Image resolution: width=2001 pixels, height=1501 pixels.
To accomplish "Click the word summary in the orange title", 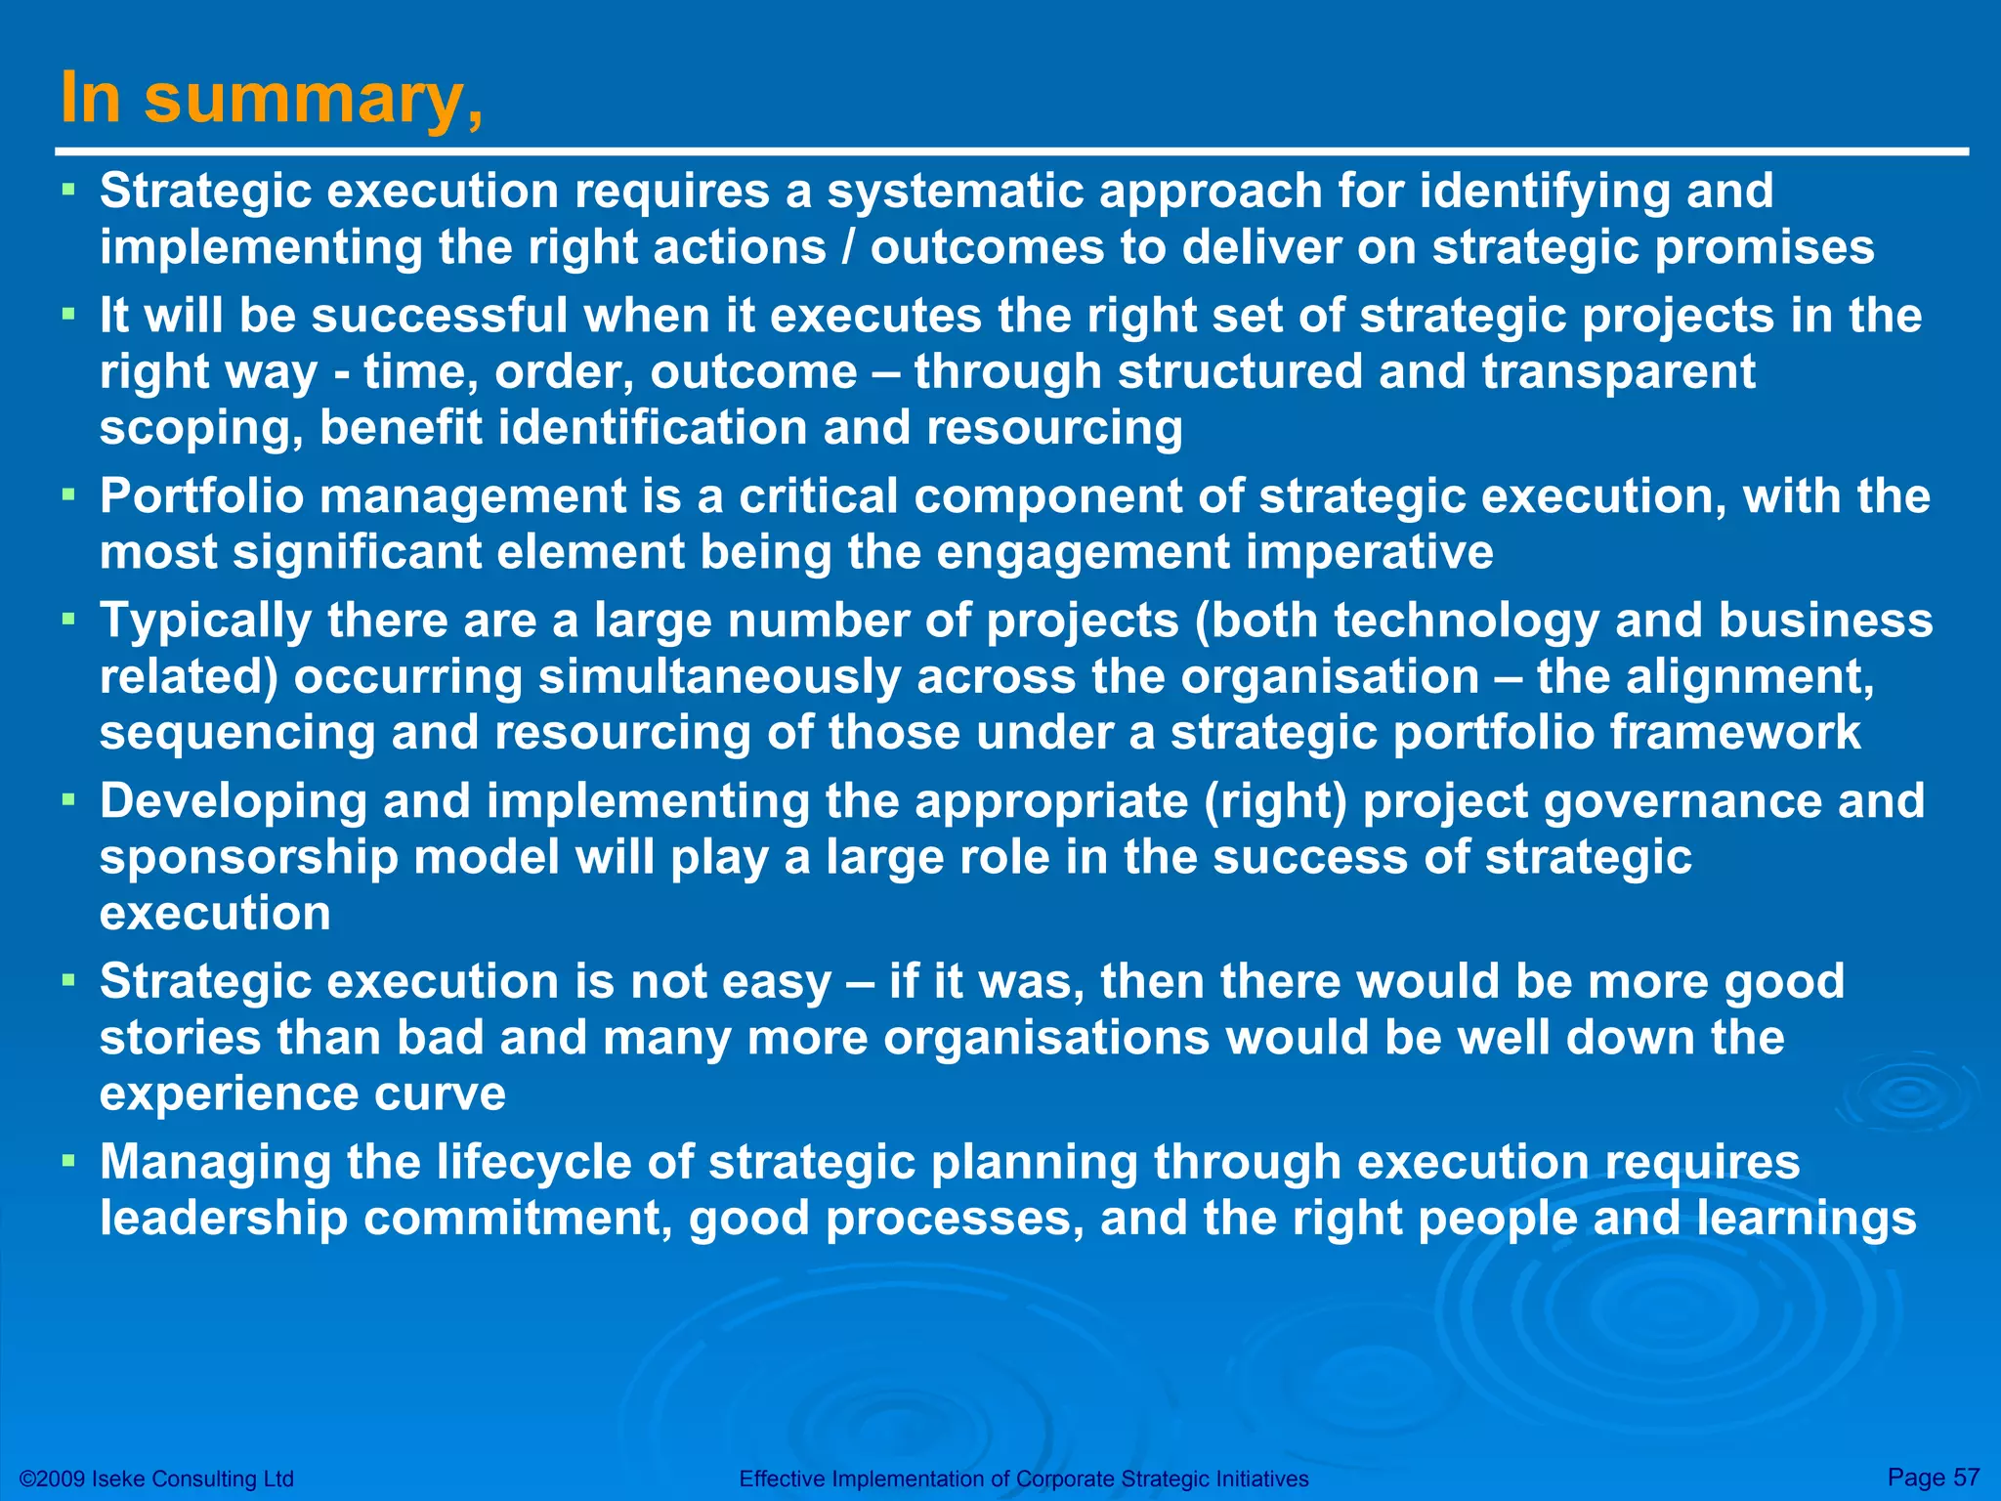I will [x=313, y=101].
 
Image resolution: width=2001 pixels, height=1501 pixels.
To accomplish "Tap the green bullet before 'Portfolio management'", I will [x=67, y=495].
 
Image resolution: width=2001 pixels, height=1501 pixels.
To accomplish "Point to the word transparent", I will [x=1618, y=372].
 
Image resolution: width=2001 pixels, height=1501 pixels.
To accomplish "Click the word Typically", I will [x=205, y=622].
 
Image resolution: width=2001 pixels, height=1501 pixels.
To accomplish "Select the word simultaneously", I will [x=719, y=677].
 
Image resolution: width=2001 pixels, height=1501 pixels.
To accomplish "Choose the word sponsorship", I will [x=249, y=858].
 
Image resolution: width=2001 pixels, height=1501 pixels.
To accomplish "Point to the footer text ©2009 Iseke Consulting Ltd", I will [x=157, y=1479].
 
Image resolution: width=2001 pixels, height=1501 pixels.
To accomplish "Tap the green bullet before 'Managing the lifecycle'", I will [x=67, y=1162].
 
